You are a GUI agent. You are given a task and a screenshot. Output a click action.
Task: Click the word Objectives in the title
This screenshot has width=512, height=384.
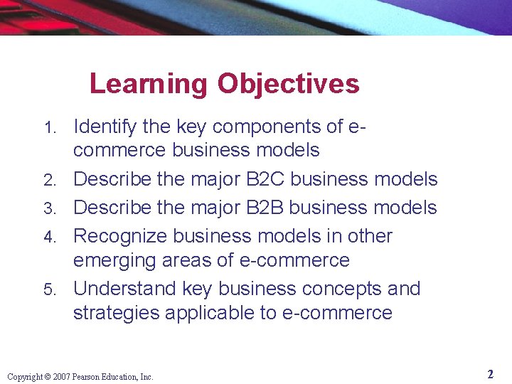[289, 85]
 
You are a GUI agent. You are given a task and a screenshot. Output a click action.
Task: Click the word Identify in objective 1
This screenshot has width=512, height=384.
[105, 127]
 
